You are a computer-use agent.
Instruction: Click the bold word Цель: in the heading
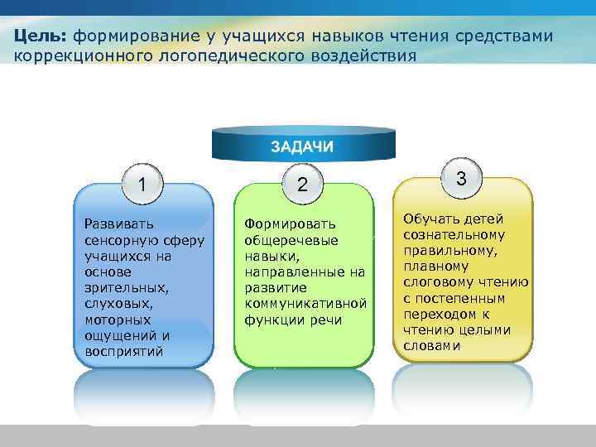(41, 36)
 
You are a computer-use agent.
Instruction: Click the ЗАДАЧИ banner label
(303, 147)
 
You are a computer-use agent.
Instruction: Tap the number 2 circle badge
(303, 186)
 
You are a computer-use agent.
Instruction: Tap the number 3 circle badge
(461, 179)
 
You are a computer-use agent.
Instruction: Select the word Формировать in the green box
(289, 224)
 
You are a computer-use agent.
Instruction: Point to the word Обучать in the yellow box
(430, 219)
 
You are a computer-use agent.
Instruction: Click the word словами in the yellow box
(431, 345)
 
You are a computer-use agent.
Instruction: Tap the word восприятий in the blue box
(123, 351)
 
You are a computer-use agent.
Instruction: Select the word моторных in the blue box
(118, 320)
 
